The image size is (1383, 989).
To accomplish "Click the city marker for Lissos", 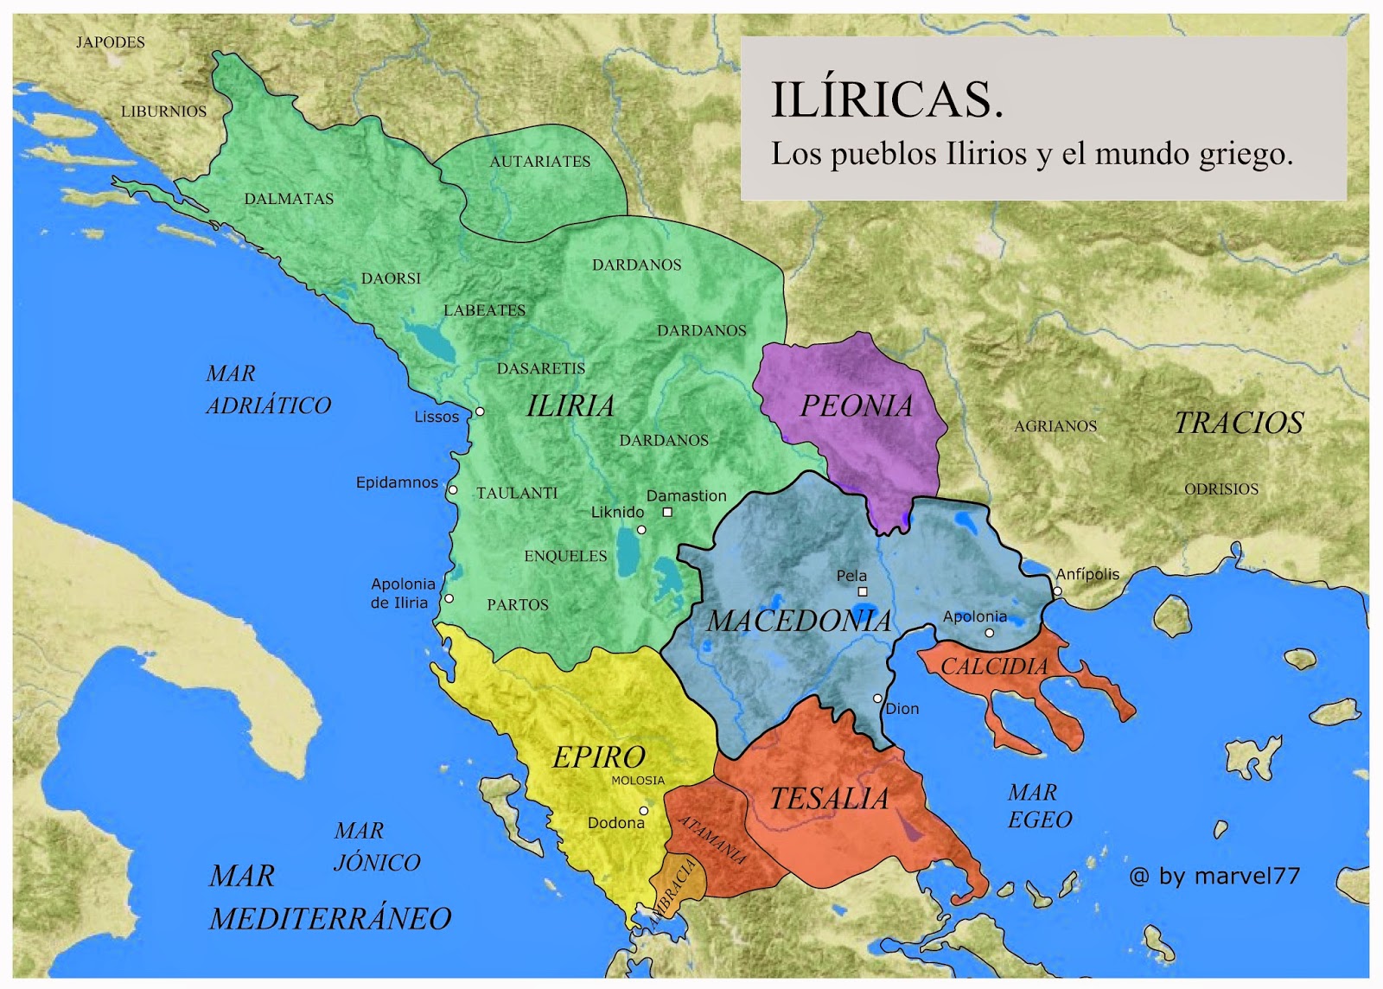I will point(480,412).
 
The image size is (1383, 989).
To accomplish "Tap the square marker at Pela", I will point(862,591).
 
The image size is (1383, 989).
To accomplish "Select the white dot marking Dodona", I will point(644,811).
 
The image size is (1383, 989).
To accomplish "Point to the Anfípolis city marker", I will point(1057,591).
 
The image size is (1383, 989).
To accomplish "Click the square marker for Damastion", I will point(667,513).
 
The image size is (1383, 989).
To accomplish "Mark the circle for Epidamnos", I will point(452,490).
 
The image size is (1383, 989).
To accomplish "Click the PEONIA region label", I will point(856,406).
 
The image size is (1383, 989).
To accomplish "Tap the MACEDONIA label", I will point(800,621).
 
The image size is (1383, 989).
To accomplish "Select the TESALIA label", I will point(829,799).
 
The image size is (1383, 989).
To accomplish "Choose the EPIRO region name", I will point(599,757).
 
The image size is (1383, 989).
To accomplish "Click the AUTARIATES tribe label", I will point(540,162).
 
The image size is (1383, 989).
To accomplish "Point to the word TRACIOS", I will point(1239,423).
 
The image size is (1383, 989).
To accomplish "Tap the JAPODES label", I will point(111,42).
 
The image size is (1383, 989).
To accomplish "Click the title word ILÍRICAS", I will point(887,99).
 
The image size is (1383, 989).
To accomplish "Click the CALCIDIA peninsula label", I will point(994,667).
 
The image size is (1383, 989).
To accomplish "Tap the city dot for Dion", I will point(877,699).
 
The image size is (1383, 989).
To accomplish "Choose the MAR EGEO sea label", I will point(1040,806).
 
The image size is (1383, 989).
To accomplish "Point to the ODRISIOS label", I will point(1221,489).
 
